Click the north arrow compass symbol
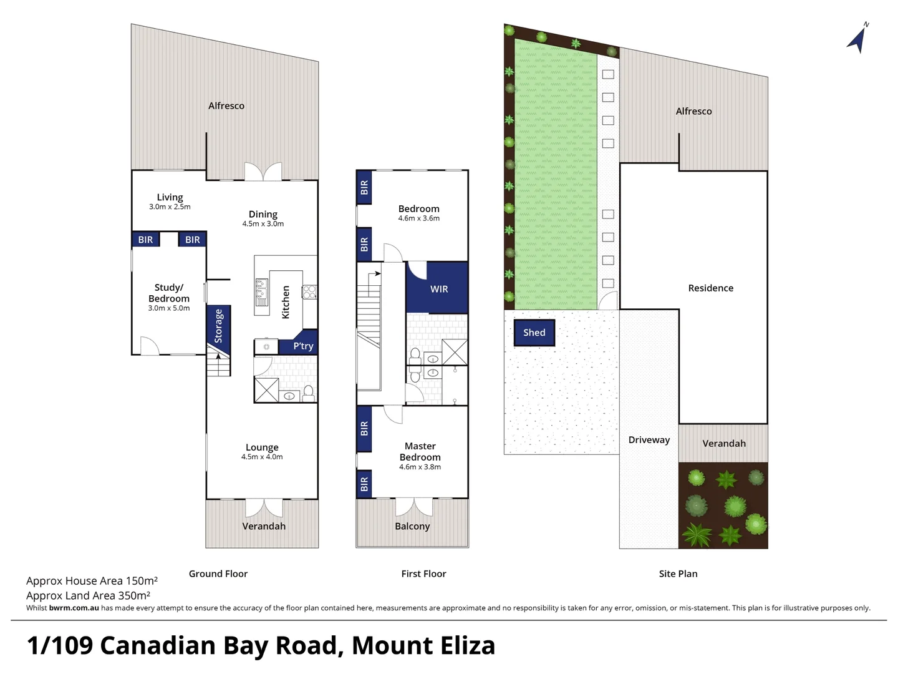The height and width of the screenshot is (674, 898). [x=857, y=39]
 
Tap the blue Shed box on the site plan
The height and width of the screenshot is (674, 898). [x=534, y=333]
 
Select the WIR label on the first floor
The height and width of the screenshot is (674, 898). [x=439, y=289]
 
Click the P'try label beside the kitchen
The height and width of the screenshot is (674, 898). [x=303, y=346]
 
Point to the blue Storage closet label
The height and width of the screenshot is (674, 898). [x=218, y=326]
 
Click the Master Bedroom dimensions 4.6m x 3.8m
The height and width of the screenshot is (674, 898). [x=420, y=467]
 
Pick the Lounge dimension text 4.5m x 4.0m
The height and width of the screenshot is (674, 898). [x=262, y=457]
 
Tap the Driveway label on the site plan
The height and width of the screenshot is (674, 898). [x=649, y=440]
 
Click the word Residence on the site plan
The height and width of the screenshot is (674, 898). [x=710, y=288]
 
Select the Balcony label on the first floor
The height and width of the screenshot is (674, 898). [x=412, y=526]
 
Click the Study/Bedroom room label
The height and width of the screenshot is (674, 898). [x=169, y=293]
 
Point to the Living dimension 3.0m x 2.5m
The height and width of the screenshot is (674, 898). [x=170, y=207]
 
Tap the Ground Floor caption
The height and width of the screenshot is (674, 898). [x=218, y=574]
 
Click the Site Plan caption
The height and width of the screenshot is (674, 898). [x=678, y=574]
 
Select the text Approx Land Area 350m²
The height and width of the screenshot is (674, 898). [x=88, y=595]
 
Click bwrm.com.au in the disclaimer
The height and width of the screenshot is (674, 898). [x=74, y=608]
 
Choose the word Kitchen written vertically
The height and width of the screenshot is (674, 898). [x=286, y=302]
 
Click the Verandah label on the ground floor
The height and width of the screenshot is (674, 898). [x=264, y=526]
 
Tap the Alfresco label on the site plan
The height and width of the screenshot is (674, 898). [x=693, y=111]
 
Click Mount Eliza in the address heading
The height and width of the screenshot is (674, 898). [x=423, y=645]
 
